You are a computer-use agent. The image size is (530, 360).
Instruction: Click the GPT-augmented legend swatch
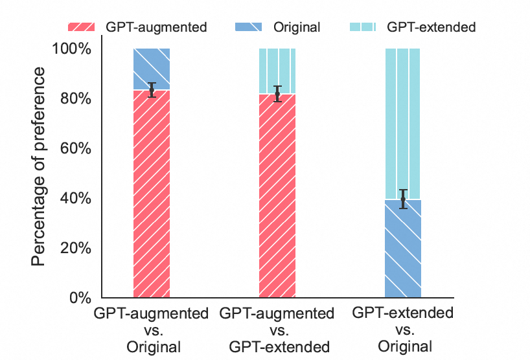(x=83, y=27)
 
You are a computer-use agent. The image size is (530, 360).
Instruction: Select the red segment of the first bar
(x=152, y=194)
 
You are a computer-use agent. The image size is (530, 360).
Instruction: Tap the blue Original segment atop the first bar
(x=152, y=69)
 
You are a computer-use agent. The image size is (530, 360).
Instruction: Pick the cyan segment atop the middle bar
(x=277, y=71)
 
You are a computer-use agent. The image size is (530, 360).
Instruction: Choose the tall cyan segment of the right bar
(x=403, y=123)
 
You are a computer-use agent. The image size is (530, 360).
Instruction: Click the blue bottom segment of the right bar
(x=403, y=249)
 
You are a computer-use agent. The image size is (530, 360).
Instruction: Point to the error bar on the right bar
(x=403, y=199)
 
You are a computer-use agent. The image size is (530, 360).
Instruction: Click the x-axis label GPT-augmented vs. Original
(x=152, y=330)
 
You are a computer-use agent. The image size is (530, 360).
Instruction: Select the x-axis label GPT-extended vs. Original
(x=402, y=330)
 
